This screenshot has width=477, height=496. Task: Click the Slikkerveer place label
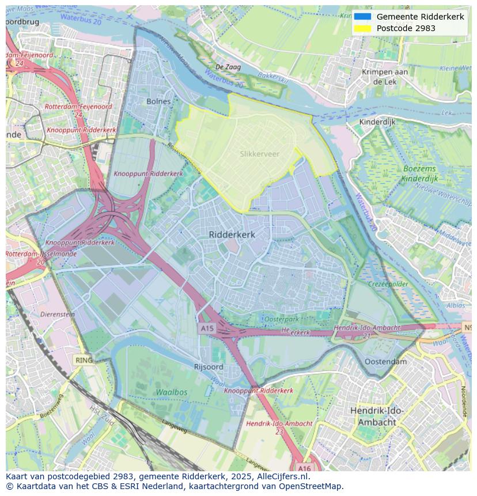259,154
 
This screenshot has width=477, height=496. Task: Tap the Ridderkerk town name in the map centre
232,234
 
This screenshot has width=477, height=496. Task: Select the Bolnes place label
158,101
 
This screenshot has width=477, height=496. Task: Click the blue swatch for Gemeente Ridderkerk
362,17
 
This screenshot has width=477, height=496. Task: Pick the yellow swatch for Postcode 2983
362,28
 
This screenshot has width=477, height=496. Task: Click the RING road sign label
84,360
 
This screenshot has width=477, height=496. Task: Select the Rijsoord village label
209,367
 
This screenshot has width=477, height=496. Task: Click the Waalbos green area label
171,392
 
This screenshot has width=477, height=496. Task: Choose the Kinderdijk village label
377,122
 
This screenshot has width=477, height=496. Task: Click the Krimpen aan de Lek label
384,77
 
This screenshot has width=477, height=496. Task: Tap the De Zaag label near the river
228,67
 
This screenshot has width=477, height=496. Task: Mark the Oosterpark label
281,319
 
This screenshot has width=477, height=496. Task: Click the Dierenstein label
58,315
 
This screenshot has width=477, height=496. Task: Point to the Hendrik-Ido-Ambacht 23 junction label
279,427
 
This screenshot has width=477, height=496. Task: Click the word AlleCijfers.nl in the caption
282,476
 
